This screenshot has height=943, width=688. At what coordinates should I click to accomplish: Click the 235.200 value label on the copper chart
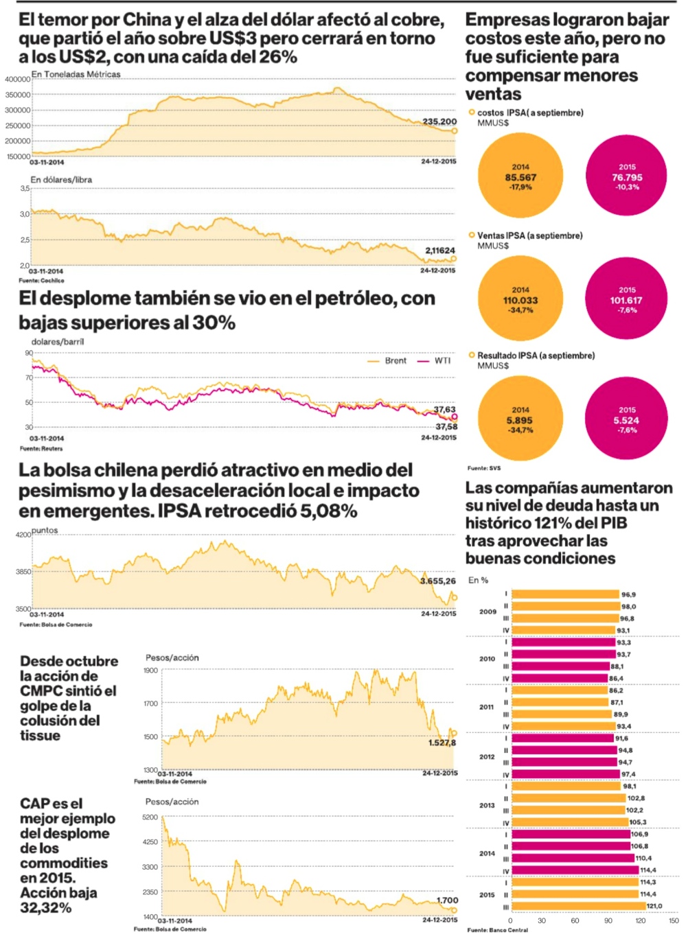pyautogui.click(x=439, y=121)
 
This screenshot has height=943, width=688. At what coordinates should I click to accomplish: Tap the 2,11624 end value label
pyautogui.click(x=440, y=251)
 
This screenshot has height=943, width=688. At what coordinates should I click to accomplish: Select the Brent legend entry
pyautogui.click(x=388, y=360)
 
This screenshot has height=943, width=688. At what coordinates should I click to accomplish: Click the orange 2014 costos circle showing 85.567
pyautogui.click(x=520, y=176)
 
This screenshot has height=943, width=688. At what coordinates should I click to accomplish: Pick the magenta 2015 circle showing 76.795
pyautogui.click(x=626, y=176)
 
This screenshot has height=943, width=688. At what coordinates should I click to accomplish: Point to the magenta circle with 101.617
pyautogui.click(x=626, y=299)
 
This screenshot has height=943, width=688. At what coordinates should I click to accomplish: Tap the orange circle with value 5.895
pyautogui.click(x=520, y=419)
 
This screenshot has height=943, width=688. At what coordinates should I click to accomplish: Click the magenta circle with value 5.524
pyautogui.click(x=626, y=419)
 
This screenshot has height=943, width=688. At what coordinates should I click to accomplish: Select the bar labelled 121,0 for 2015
pyautogui.click(x=578, y=906)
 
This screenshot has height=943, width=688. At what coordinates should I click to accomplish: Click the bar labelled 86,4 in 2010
pyautogui.click(x=560, y=678)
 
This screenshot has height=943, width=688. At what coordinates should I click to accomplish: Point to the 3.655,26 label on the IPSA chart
pyautogui.click(x=438, y=581)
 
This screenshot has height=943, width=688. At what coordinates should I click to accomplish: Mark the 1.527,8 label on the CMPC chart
pyautogui.click(x=442, y=743)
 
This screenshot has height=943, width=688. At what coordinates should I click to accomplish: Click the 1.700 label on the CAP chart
pyautogui.click(x=447, y=900)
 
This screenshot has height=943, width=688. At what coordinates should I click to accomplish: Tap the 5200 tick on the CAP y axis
pyautogui.click(x=150, y=817)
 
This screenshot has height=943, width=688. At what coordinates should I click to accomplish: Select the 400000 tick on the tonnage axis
pyautogui.click(x=17, y=80)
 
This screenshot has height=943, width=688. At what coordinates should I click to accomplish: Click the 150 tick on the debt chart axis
pyautogui.click(x=674, y=920)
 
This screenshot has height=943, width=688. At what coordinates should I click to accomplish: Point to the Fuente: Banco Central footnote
pyautogui.click(x=498, y=930)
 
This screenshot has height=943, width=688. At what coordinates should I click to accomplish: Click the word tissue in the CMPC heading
pyautogui.click(x=40, y=735)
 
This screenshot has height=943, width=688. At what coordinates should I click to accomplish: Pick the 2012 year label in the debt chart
pyautogui.click(x=487, y=756)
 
